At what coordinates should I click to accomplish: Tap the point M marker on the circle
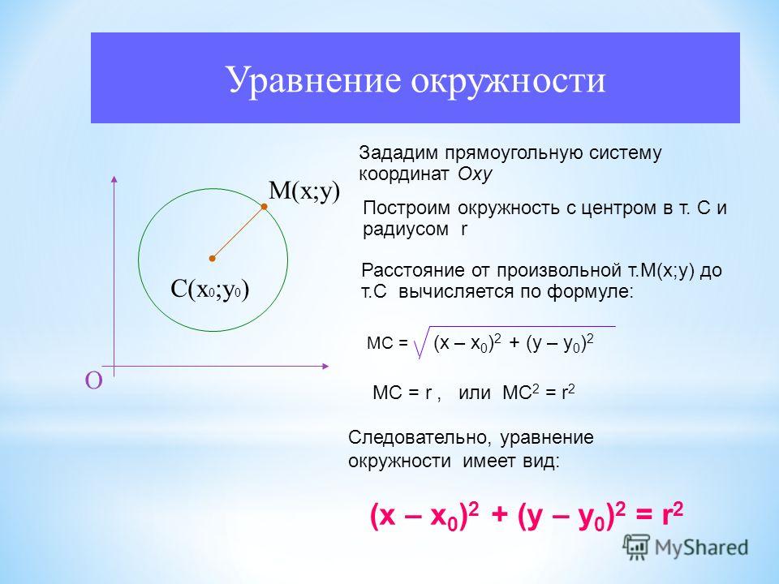tap(265, 207)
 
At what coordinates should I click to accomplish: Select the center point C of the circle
tap(212, 258)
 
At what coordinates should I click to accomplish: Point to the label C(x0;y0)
tap(209, 289)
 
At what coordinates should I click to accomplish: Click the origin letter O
tap(94, 381)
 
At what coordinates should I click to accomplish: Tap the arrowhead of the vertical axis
tap(114, 178)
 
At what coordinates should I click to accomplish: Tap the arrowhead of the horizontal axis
tap(325, 367)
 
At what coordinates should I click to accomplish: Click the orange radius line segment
tap(239, 233)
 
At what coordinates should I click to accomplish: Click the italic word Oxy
tap(475, 175)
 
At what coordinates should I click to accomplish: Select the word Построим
tap(407, 208)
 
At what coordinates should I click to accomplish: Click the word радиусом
tap(406, 230)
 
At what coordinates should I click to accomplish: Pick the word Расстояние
tap(413, 271)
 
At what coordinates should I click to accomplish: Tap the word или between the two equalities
tap(475, 393)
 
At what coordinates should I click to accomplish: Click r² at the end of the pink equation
tap(673, 514)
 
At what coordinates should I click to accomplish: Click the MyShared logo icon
tap(636, 547)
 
